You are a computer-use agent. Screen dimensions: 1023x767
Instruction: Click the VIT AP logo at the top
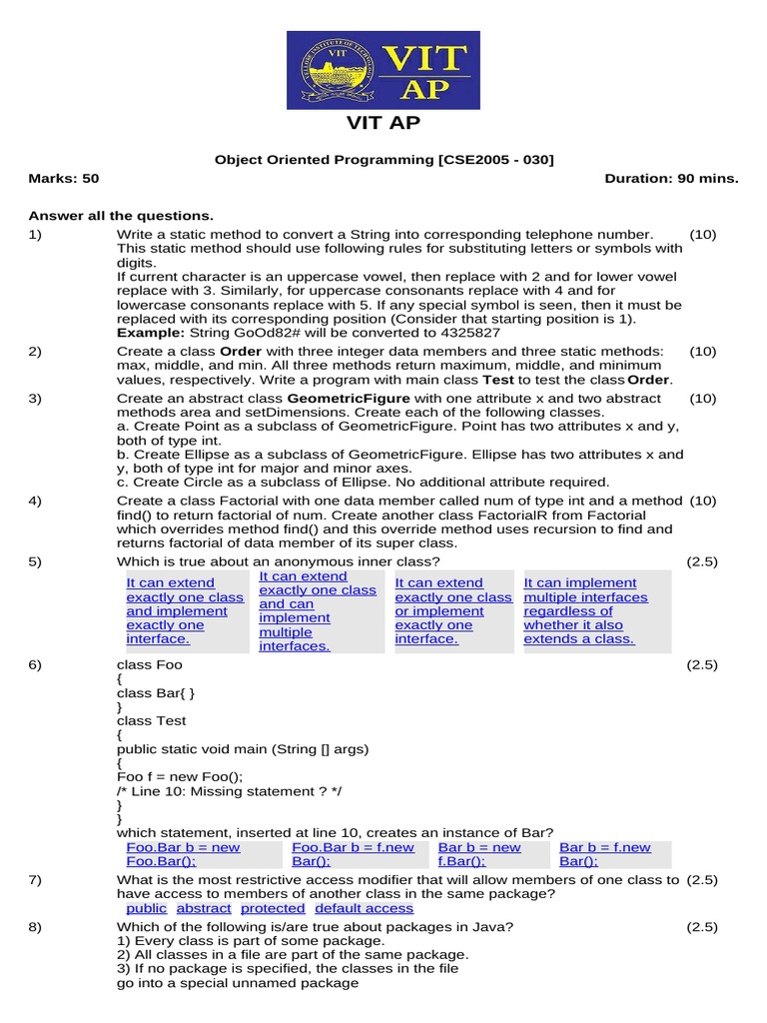point(383,70)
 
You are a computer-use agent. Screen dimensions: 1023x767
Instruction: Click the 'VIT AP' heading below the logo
point(383,123)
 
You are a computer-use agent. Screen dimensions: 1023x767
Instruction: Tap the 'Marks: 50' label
point(64,179)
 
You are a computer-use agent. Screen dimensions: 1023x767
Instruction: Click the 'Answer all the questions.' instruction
point(121,216)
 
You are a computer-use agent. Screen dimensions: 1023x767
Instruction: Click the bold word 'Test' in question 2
point(498,380)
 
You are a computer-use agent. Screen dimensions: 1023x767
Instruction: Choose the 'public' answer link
point(147,908)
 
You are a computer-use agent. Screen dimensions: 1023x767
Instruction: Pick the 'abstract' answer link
point(204,908)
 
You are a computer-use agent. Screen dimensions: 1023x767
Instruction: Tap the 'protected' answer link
point(273,908)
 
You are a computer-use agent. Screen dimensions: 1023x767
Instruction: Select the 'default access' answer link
point(364,908)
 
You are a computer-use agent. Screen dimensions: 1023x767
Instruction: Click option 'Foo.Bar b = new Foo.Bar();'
point(183,854)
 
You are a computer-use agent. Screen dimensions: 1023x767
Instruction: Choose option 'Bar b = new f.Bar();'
point(479,854)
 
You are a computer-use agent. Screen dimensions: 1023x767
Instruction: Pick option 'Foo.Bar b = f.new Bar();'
point(353,854)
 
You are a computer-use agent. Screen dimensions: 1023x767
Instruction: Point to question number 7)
point(35,880)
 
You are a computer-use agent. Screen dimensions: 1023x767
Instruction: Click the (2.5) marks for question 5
point(702,562)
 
